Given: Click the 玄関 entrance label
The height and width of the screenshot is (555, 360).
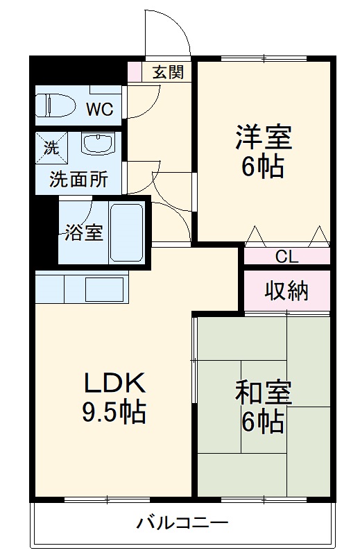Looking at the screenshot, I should (x=168, y=71).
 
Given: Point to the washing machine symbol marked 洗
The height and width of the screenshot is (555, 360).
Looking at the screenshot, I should (x=52, y=146).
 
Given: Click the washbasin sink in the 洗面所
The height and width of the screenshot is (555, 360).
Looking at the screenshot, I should (x=96, y=144).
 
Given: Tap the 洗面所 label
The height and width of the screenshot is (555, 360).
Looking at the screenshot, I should (x=78, y=180).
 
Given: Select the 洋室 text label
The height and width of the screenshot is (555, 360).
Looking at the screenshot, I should (x=263, y=137).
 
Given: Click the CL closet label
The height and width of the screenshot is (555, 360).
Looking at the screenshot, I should (x=286, y=256).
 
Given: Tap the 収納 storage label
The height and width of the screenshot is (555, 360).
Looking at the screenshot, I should (x=286, y=292).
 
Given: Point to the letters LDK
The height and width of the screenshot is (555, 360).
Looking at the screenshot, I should (x=114, y=382).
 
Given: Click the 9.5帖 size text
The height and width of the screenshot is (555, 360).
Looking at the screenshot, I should (x=114, y=412).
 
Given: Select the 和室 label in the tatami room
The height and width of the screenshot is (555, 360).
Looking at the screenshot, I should (x=263, y=393).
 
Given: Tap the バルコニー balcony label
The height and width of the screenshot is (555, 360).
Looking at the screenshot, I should (x=182, y=522).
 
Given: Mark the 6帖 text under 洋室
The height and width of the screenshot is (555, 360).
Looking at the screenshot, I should (x=263, y=166).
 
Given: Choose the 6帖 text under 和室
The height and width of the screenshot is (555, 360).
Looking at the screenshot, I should (x=263, y=421).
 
